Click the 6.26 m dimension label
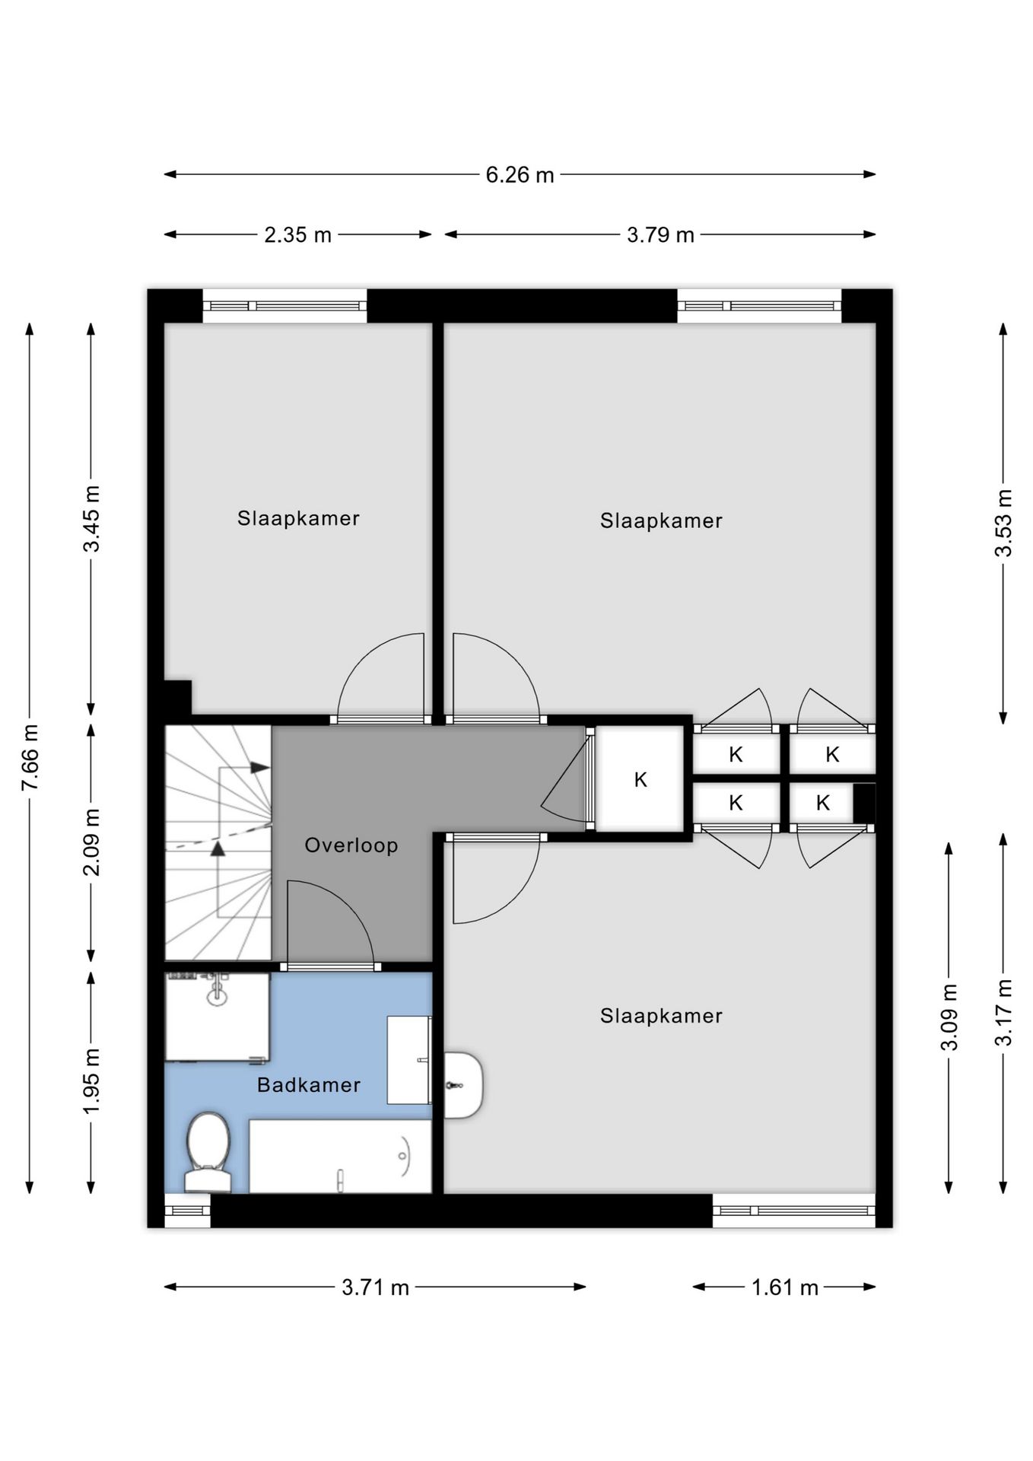point(520,175)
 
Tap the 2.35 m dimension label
point(297,235)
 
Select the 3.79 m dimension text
point(660,235)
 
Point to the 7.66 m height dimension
point(30,757)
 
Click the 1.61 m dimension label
point(784,1288)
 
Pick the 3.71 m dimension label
point(375,1288)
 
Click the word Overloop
point(351,845)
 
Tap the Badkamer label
point(309,1085)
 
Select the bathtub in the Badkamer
point(340,1156)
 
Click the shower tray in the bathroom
point(218,1017)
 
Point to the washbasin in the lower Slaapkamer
point(462,1085)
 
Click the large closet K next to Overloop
point(640,779)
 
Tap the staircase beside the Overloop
point(218,842)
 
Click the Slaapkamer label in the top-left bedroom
point(298,518)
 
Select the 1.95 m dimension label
point(91,1081)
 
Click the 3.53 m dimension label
point(1003,523)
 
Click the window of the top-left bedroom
point(284,306)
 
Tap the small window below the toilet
point(188,1210)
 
